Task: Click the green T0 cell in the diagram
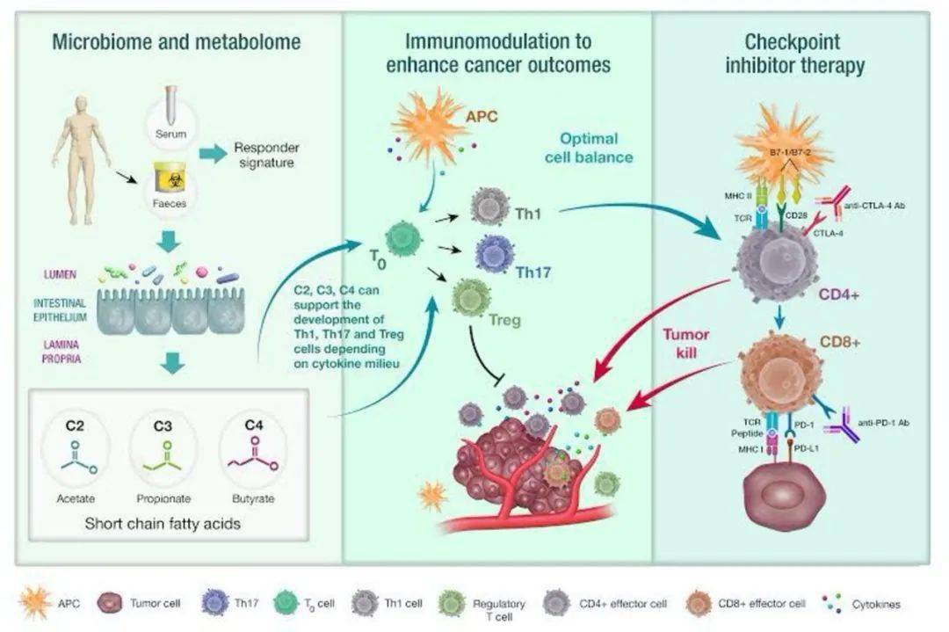point(403,238)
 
